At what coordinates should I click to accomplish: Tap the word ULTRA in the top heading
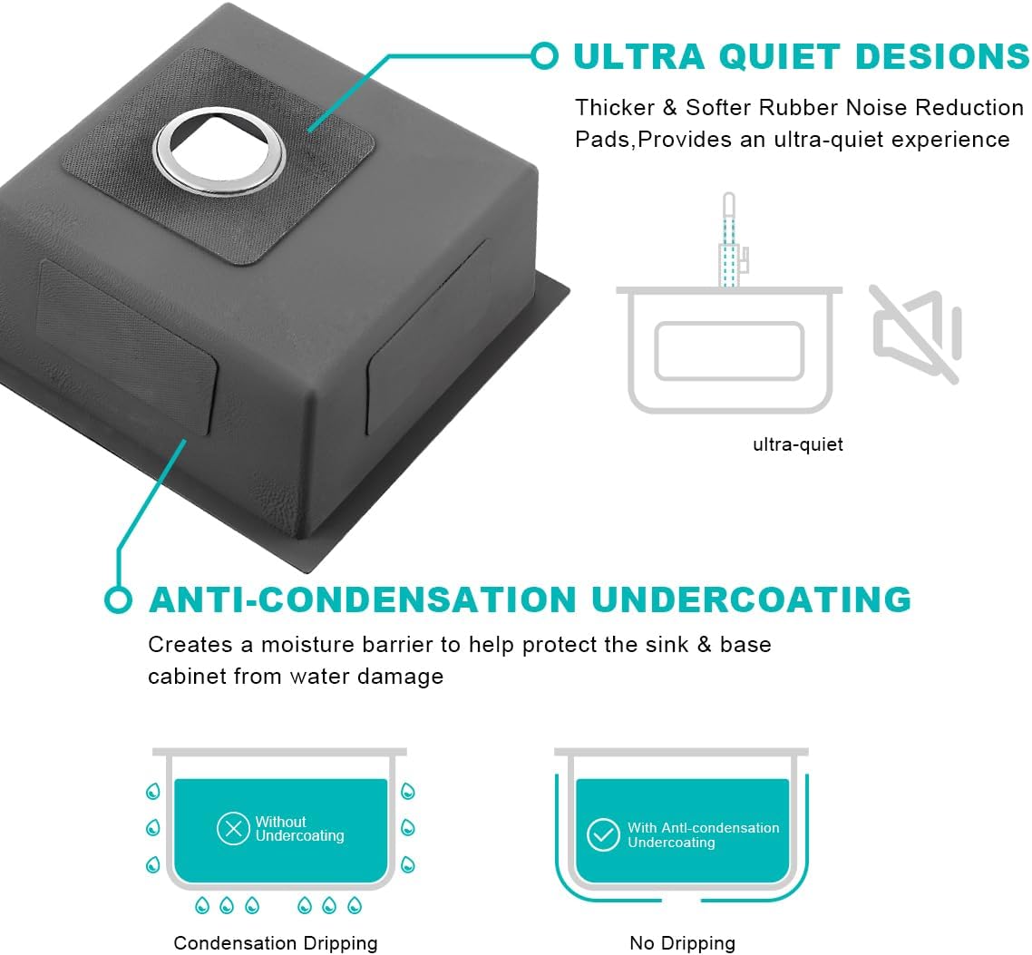point(639,56)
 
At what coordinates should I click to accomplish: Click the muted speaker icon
point(917,334)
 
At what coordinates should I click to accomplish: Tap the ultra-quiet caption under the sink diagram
point(798,444)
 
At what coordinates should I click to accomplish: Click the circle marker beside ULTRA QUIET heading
point(544,55)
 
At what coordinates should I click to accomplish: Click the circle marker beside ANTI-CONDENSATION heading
point(118,599)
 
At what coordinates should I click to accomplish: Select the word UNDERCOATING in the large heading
point(751,599)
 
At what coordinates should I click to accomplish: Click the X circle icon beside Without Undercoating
point(233,828)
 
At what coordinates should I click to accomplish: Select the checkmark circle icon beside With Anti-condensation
point(603,834)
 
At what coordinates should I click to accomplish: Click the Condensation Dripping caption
point(276,943)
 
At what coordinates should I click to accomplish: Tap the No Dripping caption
point(683,943)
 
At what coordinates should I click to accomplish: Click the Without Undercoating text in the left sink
point(299,829)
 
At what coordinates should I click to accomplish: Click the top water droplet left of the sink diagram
point(153,791)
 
